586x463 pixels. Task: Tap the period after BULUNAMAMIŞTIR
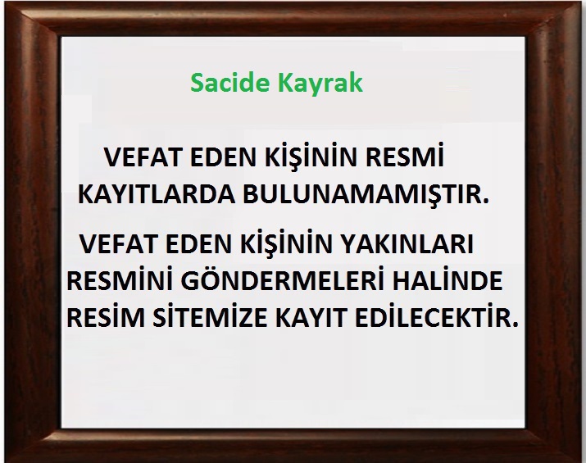(x=486, y=202)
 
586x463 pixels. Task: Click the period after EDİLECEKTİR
(x=516, y=325)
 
